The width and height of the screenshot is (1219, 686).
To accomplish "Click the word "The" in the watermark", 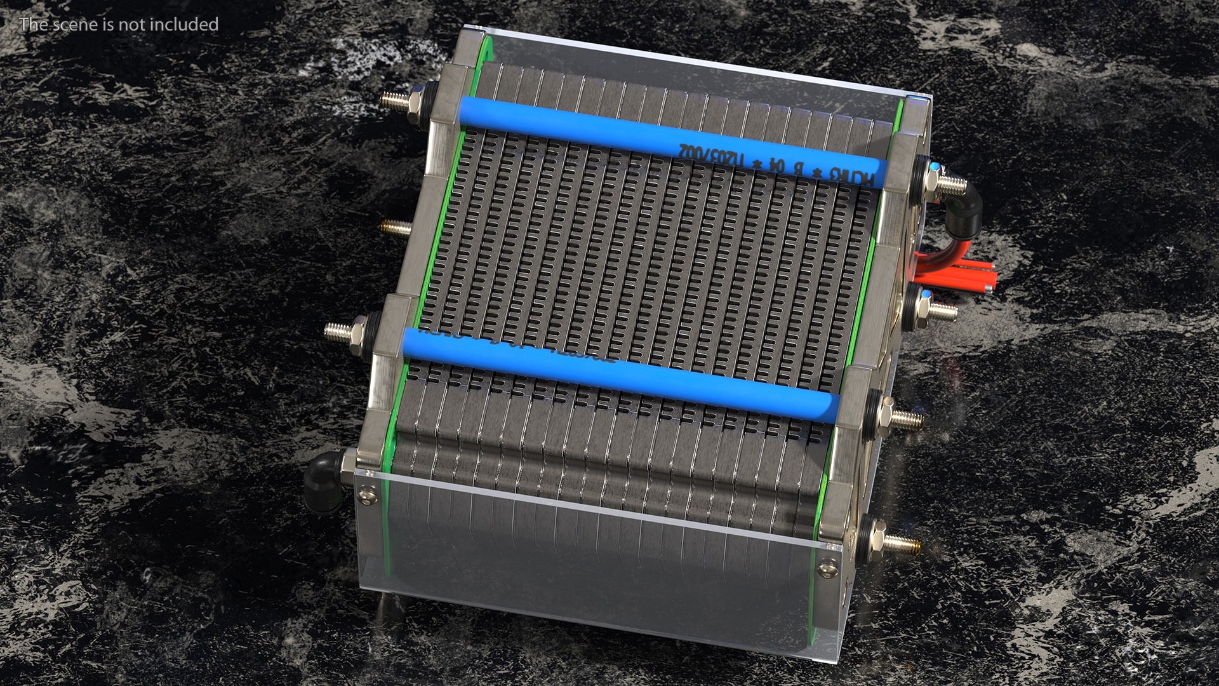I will [x=32, y=25].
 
